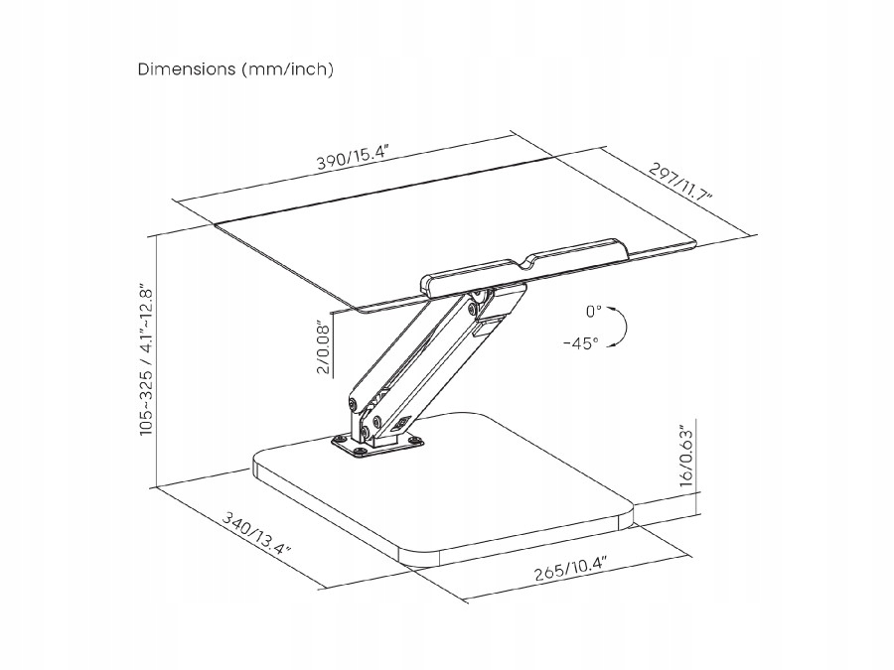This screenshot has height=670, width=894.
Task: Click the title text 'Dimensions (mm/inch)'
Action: [235, 69]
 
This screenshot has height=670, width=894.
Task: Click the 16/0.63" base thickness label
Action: [685, 455]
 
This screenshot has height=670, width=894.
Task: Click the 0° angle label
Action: [593, 312]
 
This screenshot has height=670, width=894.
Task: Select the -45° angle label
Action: [580, 342]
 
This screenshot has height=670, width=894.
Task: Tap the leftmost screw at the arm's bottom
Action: [351, 404]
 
